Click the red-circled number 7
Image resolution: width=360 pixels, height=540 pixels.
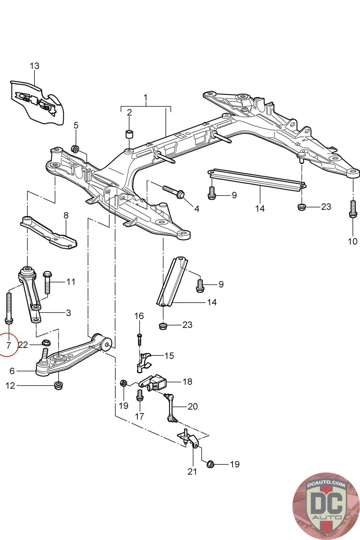(9, 346)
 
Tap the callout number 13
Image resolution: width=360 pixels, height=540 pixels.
(34, 66)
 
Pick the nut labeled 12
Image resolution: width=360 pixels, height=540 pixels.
(58, 385)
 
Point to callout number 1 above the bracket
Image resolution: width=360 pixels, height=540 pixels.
(145, 98)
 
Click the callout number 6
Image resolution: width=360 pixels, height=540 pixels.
(12, 371)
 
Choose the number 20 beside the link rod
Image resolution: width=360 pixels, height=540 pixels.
(193, 407)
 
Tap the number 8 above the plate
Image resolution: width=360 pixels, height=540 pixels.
(66, 216)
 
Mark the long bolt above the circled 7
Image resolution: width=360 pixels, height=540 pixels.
(9, 308)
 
